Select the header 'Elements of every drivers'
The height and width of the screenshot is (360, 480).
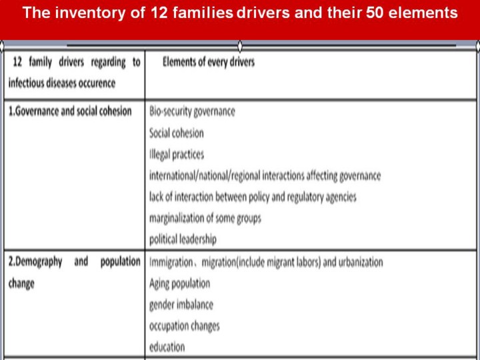point(208,63)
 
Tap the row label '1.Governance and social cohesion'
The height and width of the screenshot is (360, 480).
point(70,111)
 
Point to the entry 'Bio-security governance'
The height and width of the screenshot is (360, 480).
point(192,111)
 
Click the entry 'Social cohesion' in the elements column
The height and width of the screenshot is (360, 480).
point(177,133)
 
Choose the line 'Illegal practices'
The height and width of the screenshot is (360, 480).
point(177,154)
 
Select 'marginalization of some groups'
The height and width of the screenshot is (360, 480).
point(205,217)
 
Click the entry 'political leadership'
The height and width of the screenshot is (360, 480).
point(183,239)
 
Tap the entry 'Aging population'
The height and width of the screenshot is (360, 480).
point(179,283)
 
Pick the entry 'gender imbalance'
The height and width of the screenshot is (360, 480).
point(181,304)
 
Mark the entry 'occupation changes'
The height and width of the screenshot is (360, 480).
point(184,325)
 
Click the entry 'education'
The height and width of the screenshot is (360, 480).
point(167,347)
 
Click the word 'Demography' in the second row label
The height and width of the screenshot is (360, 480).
point(39,262)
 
